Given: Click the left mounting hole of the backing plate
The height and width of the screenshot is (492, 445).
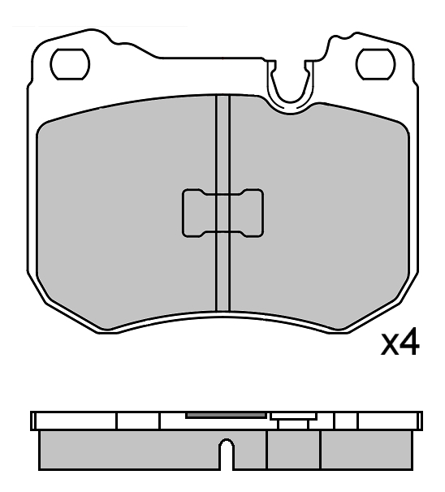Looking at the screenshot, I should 71,63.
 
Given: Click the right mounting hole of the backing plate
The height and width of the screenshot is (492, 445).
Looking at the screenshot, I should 375,63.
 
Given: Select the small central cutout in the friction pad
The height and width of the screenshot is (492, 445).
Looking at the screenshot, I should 222,214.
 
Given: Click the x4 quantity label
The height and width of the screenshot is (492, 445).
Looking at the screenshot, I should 400,344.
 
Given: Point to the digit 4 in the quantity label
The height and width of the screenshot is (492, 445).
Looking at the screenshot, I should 411,344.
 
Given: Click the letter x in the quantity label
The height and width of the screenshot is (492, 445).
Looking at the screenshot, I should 391,347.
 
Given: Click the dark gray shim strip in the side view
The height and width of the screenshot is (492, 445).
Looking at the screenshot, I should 227,414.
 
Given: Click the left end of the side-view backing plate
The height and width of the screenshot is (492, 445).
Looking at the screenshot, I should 34,421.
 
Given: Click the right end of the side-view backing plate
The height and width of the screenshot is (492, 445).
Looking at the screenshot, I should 418,421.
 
